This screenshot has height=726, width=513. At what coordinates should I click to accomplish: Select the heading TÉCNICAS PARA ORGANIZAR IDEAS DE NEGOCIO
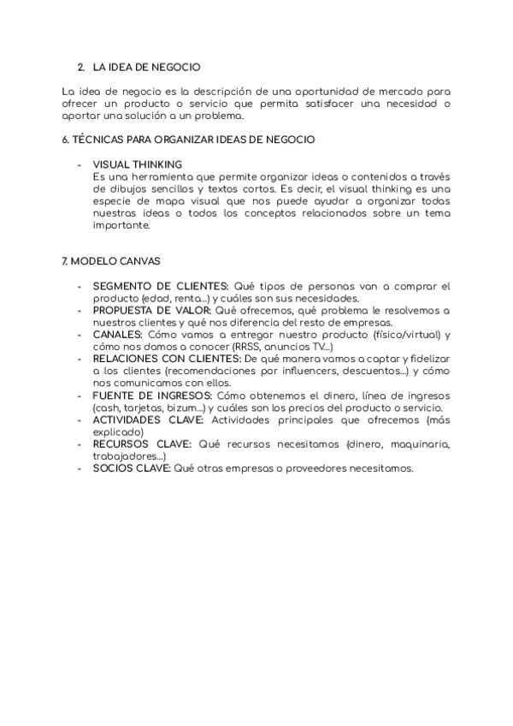point(189,139)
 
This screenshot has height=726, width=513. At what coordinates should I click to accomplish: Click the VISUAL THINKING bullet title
point(137,164)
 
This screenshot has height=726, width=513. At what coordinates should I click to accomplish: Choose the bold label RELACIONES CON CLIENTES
point(167,359)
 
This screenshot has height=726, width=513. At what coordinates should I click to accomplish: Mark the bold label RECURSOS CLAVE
point(143,444)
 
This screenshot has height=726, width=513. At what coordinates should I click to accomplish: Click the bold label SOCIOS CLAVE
point(132,469)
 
